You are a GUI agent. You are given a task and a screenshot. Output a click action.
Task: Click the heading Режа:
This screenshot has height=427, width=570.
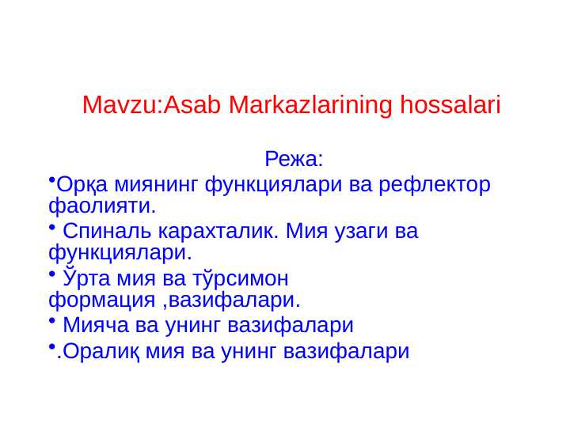coord(294,160)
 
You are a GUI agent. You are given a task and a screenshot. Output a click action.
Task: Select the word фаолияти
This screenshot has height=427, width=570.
coord(101,206)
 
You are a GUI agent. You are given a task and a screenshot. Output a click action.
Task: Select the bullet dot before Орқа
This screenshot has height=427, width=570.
coord(51,180)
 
